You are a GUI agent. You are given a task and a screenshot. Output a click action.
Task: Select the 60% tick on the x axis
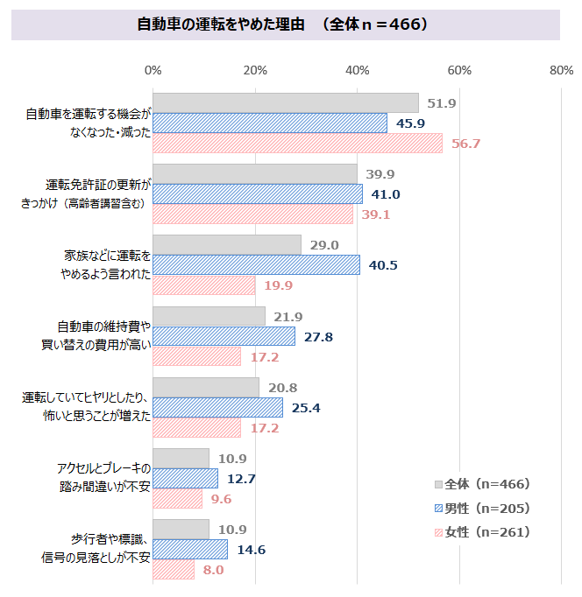tap(459, 70)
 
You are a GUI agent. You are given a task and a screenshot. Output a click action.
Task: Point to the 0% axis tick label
tap(153, 70)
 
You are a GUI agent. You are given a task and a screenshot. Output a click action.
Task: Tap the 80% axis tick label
tap(561, 70)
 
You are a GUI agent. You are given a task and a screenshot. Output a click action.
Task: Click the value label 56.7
tap(465, 144)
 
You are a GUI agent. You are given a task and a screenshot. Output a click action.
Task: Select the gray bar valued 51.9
tap(286, 102)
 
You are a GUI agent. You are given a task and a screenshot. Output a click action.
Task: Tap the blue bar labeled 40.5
tap(256, 264)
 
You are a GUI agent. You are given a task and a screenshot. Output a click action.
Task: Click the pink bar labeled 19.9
tap(204, 285)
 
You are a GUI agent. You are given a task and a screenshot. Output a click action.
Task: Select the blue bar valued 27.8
tap(224, 336)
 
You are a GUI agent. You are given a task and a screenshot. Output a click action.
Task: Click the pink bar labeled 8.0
tap(174, 570)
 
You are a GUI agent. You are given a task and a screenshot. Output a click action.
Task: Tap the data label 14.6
tap(250, 550)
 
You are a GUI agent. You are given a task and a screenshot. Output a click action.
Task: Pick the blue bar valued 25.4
tap(217, 407)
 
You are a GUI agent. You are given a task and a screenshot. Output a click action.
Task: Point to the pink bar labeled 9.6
tap(177, 499)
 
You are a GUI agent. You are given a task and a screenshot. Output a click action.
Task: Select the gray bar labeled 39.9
tap(255, 173)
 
